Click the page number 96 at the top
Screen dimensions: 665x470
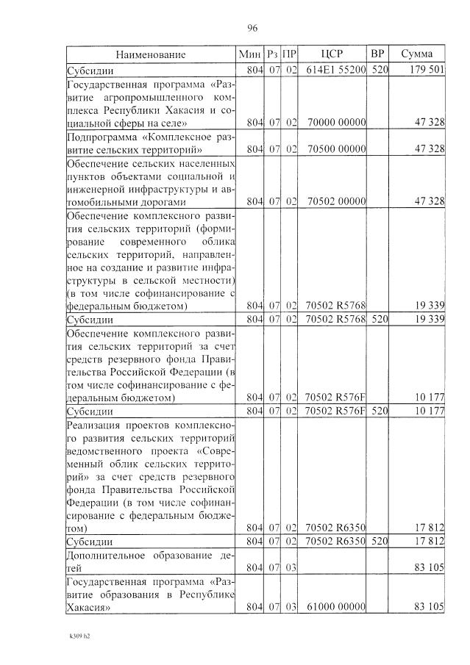(252, 29)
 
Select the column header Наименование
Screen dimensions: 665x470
(150, 54)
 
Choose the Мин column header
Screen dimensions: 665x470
(250, 54)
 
